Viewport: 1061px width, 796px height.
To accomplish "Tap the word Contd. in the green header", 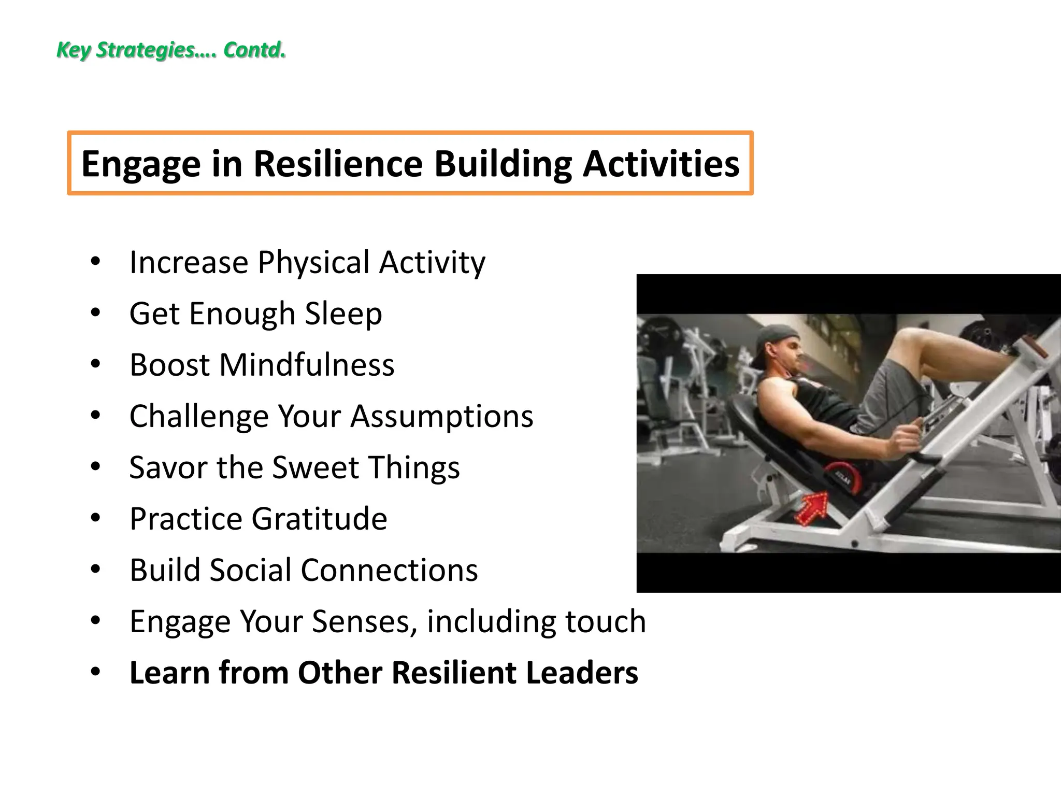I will coord(254,50).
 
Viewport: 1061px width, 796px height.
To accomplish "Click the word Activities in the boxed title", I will coord(661,164).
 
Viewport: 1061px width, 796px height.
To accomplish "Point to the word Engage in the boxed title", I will coord(140,164).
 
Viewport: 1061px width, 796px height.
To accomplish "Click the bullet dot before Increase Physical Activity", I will coord(95,262).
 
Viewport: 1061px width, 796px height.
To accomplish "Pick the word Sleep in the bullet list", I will coord(343,314).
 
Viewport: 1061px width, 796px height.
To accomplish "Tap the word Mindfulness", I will coord(306,365).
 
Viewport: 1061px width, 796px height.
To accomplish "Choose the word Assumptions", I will coord(441,416).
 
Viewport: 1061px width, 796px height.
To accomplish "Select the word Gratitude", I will coord(319,519).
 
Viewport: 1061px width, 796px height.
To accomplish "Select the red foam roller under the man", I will coord(842,477).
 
